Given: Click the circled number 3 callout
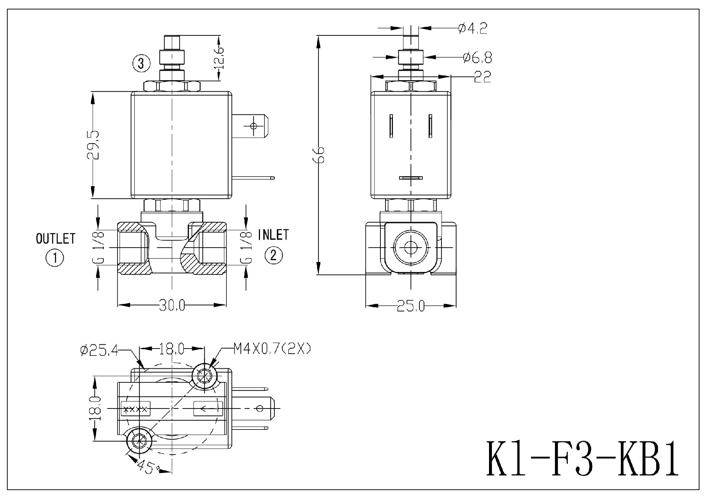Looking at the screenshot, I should click(x=141, y=64).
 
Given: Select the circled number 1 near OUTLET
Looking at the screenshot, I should click(x=54, y=258).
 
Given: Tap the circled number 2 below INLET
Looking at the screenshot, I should click(x=273, y=255).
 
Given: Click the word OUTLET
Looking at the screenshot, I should click(x=56, y=238).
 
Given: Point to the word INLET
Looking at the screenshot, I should click(x=273, y=234).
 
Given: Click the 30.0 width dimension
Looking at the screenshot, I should click(x=172, y=305).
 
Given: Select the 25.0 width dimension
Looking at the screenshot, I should click(x=411, y=306).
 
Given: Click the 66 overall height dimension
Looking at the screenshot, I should click(x=320, y=155).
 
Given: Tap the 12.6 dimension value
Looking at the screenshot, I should click(x=218, y=58).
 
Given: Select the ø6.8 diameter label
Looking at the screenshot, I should click(x=477, y=57).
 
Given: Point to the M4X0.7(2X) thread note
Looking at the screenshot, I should click(x=272, y=348).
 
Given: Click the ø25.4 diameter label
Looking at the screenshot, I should click(x=99, y=350).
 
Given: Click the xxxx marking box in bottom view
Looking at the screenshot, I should click(x=136, y=409).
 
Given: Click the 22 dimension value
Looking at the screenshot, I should click(x=482, y=77).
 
